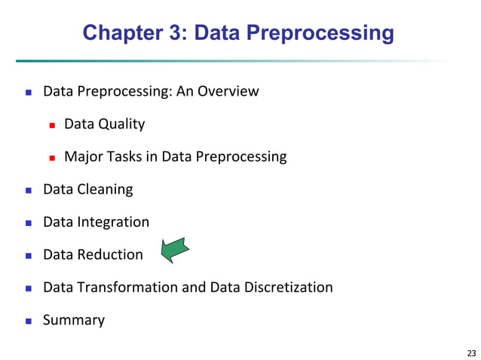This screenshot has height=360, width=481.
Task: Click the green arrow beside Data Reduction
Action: click(175, 250)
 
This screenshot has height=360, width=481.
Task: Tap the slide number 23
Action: click(472, 352)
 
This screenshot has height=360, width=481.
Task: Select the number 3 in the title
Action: click(179, 33)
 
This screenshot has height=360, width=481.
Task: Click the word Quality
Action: click(121, 124)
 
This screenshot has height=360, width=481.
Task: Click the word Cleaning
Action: click(104, 189)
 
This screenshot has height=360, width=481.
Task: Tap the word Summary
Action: click(74, 320)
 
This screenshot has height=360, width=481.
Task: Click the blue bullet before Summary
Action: click(29, 321)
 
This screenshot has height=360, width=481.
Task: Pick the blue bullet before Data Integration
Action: click(29, 223)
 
